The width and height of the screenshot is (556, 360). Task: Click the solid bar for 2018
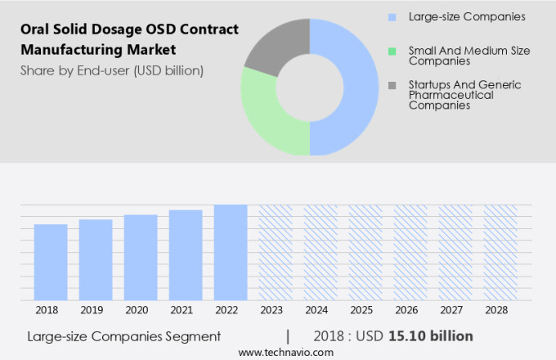(51, 262)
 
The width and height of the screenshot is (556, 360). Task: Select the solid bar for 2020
(141, 258)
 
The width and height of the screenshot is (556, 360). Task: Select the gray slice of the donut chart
(274, 45)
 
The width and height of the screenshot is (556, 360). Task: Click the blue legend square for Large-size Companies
(392, 16)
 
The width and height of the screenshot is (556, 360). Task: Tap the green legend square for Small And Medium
(392, 51)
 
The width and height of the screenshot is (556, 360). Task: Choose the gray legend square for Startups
(392, 85)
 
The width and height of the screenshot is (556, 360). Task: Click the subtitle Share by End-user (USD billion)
(112, 70)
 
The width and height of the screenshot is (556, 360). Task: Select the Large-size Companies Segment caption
(123, 336)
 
